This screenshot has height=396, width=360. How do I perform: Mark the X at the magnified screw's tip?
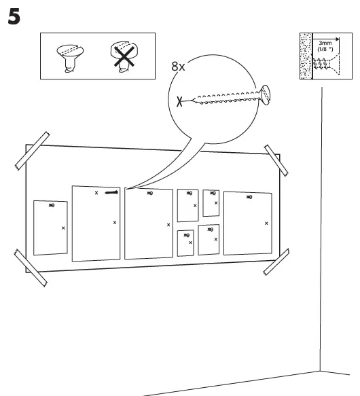179,103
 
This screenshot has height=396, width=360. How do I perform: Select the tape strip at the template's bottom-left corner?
31,265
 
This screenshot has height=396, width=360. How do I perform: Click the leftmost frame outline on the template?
50,228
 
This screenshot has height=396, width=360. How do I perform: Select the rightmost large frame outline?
247,222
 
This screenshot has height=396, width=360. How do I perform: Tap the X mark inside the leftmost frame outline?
63,228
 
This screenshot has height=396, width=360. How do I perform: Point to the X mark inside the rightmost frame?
266,223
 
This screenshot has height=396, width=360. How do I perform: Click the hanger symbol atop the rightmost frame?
248,197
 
